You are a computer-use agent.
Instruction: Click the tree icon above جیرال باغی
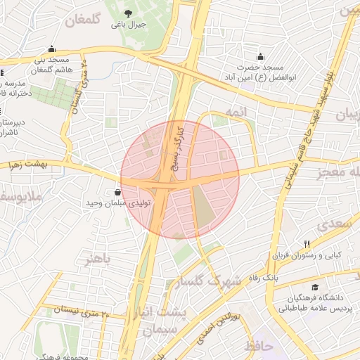pyautogui.click(x=127, y=13)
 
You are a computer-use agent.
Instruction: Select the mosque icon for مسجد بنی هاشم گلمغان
pyautogui.click(x=51, y=49)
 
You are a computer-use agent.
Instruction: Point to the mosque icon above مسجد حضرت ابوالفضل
pyautogui.click(x=260, y=56)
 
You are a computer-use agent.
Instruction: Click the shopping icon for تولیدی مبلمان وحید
pyautogui.click(x=117, y=192)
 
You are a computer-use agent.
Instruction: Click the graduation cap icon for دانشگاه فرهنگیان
pyautogui.click(x=316, y=288)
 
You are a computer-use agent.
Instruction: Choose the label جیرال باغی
pyautogui.click(x=128, y=25)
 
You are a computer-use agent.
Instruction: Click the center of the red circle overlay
pyautogui.click(x=180, y=179)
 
